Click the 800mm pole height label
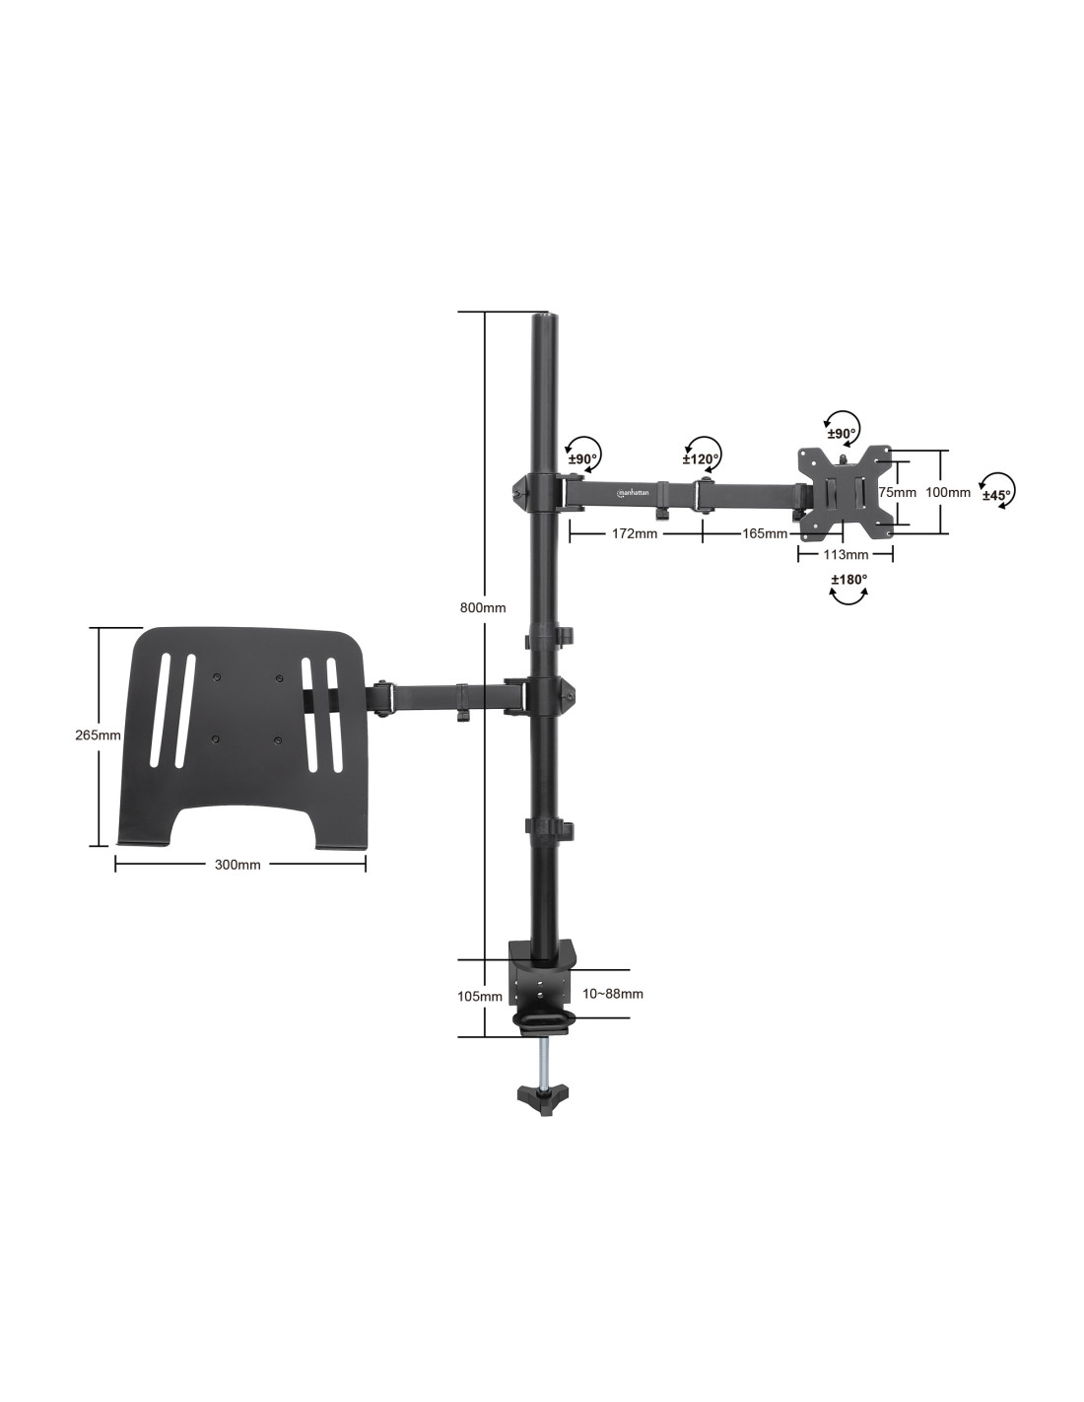482,607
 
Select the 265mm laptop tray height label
98,735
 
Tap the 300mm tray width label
237,865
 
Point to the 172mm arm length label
634,533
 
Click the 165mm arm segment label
764,533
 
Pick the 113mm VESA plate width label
846,554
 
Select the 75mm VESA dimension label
897,492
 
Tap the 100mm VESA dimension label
947,492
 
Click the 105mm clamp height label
480,996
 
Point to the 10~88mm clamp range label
613,994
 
